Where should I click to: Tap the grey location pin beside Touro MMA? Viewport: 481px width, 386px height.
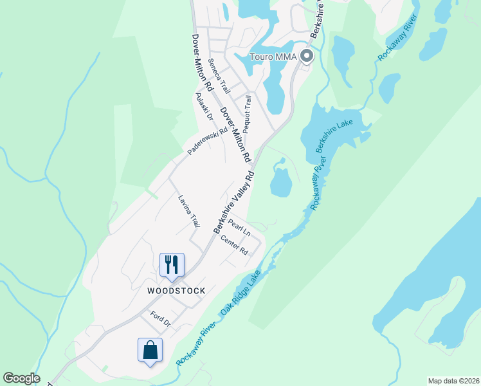click(x=306, y=56)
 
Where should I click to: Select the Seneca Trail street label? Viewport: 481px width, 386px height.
click(x=219, y=76)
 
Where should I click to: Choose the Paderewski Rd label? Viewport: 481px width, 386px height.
click(x=208, y=140)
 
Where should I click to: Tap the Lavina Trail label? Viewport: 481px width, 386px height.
click(x=189, y=212)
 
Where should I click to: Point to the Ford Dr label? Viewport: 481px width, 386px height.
click(x=159, y=318)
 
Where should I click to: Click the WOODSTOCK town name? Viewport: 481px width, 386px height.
click(x=176, y=291)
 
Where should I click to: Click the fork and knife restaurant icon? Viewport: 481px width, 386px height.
click(x=172, y=264)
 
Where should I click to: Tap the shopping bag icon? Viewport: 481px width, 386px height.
click(x=150, y=350)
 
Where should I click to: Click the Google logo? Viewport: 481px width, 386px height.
click(x=21, y=378)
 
